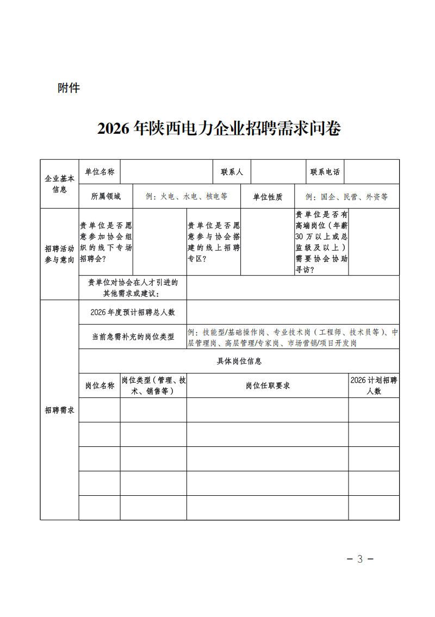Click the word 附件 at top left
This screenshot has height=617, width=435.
click(x=69, y=88)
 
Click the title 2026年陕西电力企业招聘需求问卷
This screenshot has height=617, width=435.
click(x=219, y=129)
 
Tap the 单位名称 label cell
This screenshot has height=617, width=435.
click(x=100, y=172)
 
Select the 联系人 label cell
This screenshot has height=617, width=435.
click(x=232, y=172)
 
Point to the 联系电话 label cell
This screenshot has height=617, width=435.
click(x=325, y=172)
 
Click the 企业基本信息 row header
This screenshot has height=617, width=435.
click(x=59, y=184)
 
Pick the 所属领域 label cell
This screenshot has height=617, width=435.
click(x=105, y=197)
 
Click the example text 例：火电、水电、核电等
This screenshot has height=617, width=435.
click(x=187, y=197)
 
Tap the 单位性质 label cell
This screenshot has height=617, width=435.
click(x=268, y=197)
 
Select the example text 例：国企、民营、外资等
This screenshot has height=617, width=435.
click(x=346, y=197)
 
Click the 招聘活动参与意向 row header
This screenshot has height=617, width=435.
click(x=59, y=254)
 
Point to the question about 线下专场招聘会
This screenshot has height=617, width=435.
click(x=105, y=242)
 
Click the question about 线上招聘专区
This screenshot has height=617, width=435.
click(x=213, y=242)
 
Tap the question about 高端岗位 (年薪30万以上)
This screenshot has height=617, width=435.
click(x=321, y=242)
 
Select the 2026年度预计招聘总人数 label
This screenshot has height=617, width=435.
click(x=133, y=312)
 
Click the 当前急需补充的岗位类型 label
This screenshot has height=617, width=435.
click(x=133, y=336)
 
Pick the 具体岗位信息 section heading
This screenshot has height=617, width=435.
click(x=239, y=361)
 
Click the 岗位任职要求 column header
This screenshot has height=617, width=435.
click(x=267, y=385)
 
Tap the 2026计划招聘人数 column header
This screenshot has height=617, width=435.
click(x=374, y=385)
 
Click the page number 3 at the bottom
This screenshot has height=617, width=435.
click(x=360, y=559)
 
